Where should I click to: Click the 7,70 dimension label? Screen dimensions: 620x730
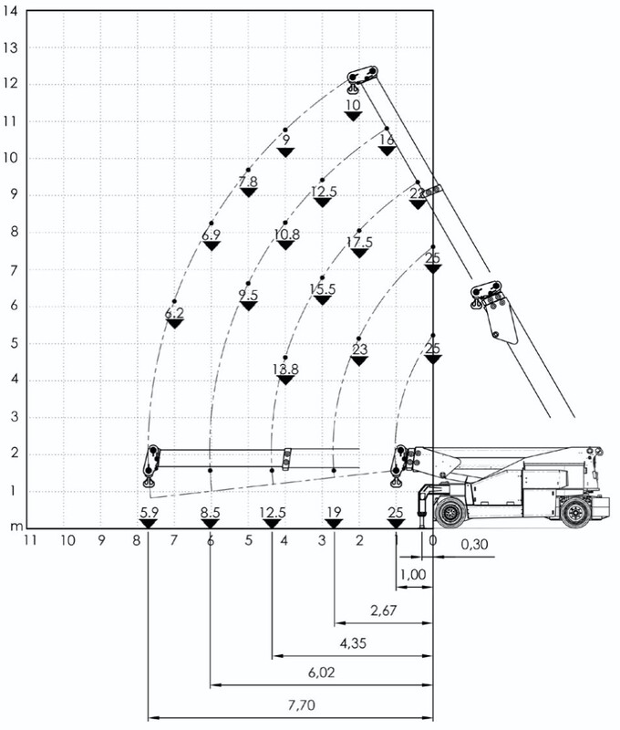302,705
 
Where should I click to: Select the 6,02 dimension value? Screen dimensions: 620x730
321,673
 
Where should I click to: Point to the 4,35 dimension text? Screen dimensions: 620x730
353,643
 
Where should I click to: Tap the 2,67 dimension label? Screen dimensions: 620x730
384,610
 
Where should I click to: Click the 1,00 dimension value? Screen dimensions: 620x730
413,575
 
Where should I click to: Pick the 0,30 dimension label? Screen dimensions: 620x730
474,544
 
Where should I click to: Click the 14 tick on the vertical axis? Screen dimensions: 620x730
10,11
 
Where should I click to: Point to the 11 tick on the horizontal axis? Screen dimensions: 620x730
30,540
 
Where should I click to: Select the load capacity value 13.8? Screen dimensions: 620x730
285,370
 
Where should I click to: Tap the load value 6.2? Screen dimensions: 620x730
174,313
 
